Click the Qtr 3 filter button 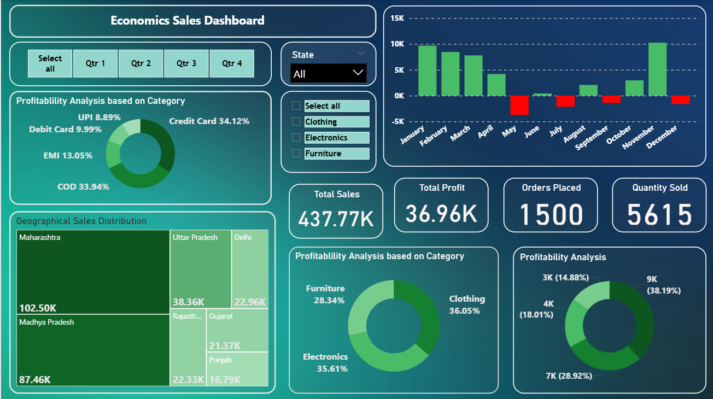tap(186, 63)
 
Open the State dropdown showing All tap(328, 73)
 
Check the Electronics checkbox tap(296, 138)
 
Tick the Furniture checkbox tap(296, 154)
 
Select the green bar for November tap(657, 69)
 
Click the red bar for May tap(519, 105)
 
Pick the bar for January tap(428, 71)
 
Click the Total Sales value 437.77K tap(336, 219)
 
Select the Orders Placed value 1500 tap(551, 214)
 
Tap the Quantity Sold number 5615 tap(659, 214)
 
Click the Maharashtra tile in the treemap tap(93, 272)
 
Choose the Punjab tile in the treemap tap(238, 369)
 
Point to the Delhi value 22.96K tap(250, 302)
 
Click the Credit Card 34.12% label tap(209, 121)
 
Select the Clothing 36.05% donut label tap(466, 305)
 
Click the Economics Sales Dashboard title tap(188, 21)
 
